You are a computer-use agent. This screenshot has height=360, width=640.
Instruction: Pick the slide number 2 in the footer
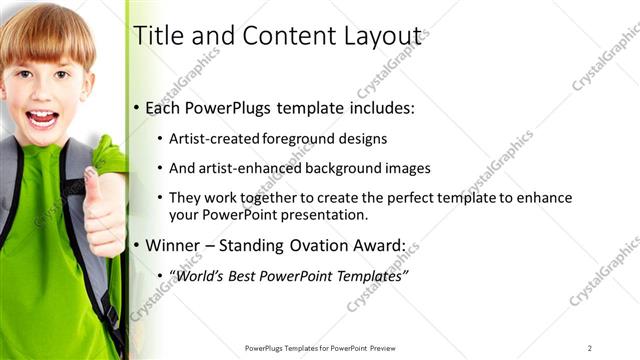[590, 348]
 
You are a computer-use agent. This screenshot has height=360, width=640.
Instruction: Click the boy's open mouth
[41, 119]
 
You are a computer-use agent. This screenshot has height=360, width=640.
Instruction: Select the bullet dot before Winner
[137, 245]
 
